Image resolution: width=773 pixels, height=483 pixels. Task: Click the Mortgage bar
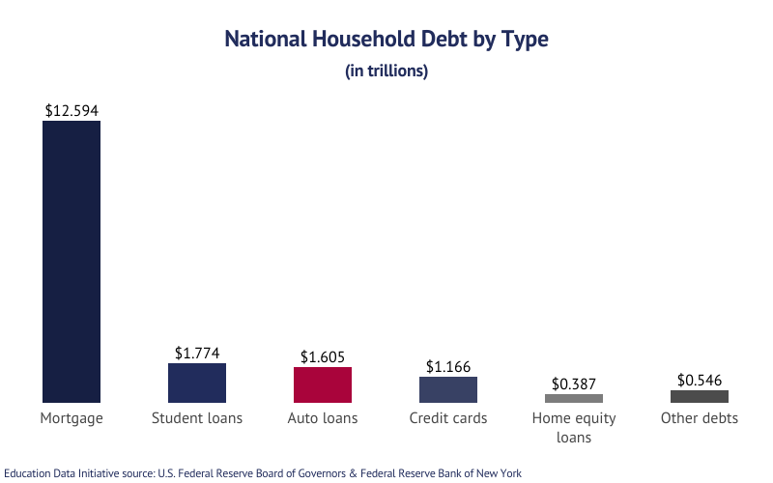pos(72,261)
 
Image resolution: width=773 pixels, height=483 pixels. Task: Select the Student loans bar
pos(197,383)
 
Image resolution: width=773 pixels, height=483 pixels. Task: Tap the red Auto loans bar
pos(323,384)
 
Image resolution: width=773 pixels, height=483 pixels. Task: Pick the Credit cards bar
pos(448,389)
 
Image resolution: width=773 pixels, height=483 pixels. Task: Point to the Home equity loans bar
pos(574,398)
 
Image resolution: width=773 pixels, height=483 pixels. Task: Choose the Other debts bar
pos(700,396)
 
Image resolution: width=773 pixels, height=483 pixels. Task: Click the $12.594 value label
pos(72,111)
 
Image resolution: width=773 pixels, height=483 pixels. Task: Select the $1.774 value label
pos(197,354)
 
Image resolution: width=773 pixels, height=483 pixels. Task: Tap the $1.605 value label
pos(323,356)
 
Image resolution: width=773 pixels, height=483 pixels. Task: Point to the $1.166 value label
pos(448,367)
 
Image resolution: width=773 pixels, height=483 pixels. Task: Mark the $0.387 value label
pos(574,384)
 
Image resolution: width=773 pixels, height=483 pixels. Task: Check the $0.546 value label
pos(700,380)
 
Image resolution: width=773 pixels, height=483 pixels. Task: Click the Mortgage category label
pos(72,418)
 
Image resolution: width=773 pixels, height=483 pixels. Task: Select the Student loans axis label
pos(197,418)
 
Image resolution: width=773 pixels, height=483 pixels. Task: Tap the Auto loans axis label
pos(323,418)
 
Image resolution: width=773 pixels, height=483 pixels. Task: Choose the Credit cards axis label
pos(448,418)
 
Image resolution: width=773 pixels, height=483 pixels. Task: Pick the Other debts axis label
pos(700,418)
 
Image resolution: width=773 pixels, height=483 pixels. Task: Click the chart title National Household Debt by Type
pos(386,40)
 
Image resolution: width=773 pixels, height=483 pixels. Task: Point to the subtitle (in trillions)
pos(386,71)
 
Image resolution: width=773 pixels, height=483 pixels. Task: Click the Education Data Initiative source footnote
pos(263,473)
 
